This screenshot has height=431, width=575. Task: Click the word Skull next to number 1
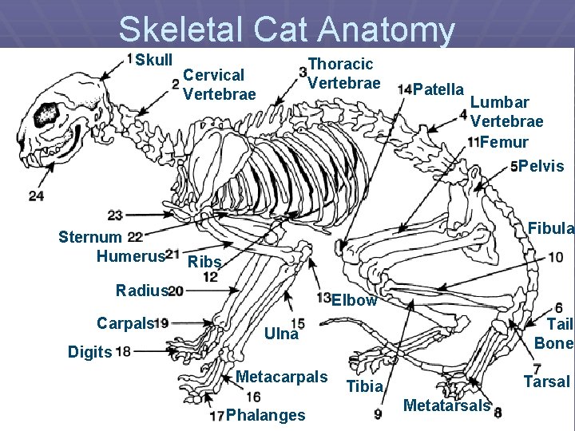(x=153, y=61)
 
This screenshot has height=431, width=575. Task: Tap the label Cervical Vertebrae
(x=219, y=85)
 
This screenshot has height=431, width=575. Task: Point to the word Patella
(x=440, y=88)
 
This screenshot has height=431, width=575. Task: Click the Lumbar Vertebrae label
(x=506, y=112)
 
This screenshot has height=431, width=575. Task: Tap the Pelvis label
(x=541, y=167)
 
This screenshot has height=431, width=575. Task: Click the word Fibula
(x=551, y=228)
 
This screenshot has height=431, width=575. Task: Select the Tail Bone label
(x=554, y=333)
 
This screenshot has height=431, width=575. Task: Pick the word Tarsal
(x=547, y=382)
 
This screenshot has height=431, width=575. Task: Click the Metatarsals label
(x=446, y=405)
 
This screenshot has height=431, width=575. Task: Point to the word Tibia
(x=365, y=387)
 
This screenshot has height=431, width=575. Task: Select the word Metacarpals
(x=283, y=377)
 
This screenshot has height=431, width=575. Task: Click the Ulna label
(x=282, y=334)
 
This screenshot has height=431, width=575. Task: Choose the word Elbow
(x=354, y=301)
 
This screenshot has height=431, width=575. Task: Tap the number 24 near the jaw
(x=36, y=196)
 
